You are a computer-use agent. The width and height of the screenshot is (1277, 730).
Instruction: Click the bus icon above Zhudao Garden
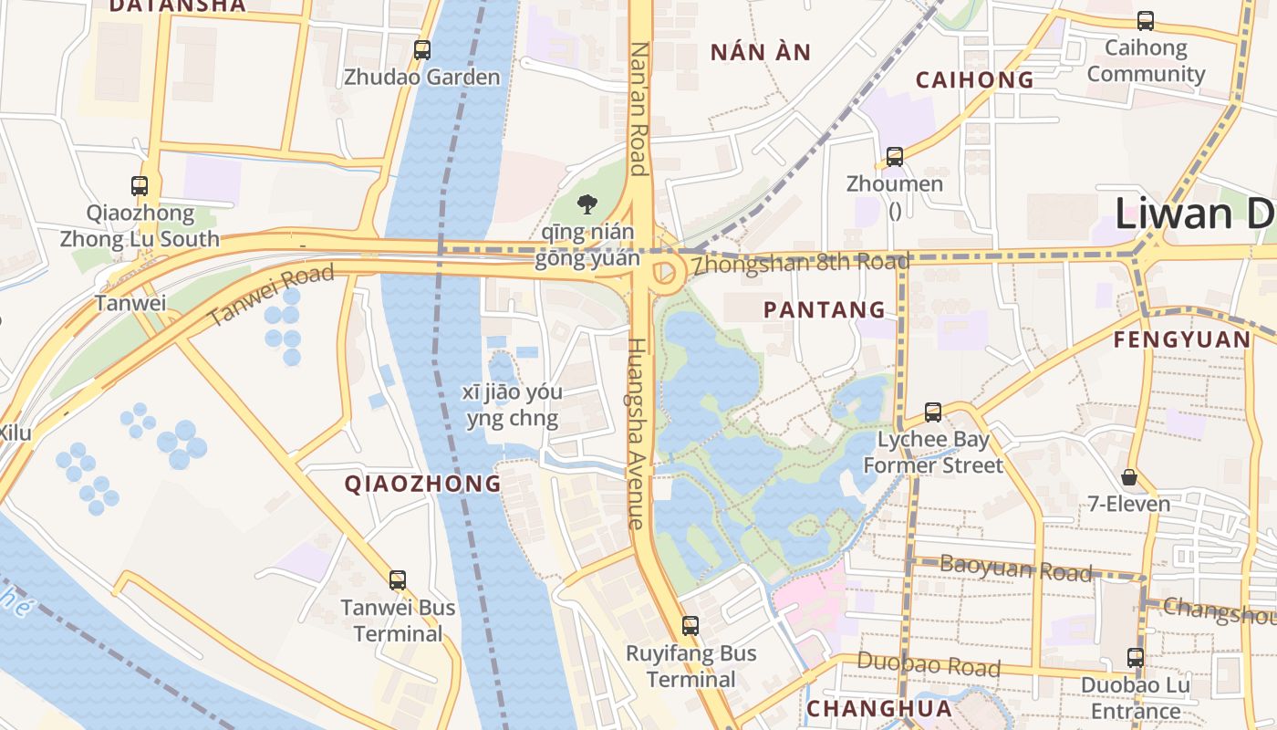tap(421, 50)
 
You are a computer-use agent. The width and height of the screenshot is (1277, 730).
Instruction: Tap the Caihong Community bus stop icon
tap(1146, 20)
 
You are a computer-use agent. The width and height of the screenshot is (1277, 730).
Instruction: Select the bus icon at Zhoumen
tap(894, 156)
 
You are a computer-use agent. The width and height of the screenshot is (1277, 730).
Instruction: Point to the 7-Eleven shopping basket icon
tap(1129, 476)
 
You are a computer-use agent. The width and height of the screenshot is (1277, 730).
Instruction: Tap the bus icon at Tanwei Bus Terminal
tap(397, 579)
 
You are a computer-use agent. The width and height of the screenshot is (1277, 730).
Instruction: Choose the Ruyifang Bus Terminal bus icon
tap(690, 626)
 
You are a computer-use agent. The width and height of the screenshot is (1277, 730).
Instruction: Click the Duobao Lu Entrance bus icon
tap(1135, 657)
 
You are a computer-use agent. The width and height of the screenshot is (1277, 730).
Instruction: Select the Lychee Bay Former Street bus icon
tap(932, 412)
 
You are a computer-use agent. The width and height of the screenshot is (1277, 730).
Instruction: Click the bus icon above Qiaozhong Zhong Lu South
tap(140, 186)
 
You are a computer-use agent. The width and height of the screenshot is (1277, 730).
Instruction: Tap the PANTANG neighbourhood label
tap(825, 310)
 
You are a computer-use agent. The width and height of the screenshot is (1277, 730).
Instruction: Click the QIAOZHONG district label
tap(422, 484)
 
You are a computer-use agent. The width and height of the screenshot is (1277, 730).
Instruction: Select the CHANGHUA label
tap(879, 709)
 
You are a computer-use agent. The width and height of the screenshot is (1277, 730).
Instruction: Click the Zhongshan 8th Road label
tap(800, 265)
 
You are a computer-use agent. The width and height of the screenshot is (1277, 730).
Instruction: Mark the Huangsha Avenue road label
tap(637, 433)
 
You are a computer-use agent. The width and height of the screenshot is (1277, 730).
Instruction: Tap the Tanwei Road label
tap(271, 296)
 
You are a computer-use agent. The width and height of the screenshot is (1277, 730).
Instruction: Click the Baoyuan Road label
tap(1015, 568)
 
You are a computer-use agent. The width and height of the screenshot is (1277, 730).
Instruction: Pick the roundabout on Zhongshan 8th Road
tap(665, 272)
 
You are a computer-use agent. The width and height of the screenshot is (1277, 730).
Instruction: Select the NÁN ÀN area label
tap(761, 52)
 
